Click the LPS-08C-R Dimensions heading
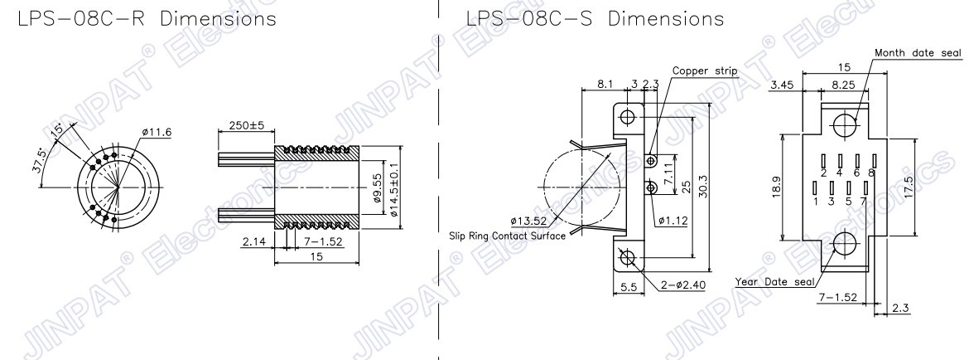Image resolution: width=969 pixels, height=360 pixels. click(x=147, y=18)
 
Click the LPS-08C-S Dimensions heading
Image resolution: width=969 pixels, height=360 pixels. click(x=595, y=18)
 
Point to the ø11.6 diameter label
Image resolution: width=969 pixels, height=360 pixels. click(x=157, y=132)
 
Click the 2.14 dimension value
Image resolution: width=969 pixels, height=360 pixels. click(x=253, y=241)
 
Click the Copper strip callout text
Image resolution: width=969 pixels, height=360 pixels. click(x=705, y=71)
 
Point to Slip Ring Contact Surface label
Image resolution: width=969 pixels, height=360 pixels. click(x=508, y=236)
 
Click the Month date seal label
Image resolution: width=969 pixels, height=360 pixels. click(x=918, y=53)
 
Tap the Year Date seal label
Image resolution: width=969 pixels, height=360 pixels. click(x=775, y=282)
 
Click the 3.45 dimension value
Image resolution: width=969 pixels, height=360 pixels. click(x=781, y=85)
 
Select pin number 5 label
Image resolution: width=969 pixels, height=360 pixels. click(x=848, y=201)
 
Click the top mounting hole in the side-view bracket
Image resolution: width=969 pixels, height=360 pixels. click(x=628, y=117)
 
